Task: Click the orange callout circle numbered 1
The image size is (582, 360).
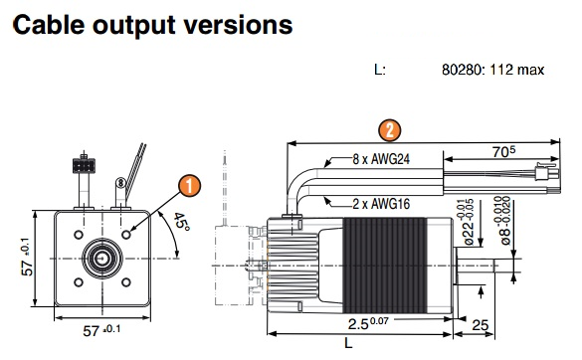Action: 190,186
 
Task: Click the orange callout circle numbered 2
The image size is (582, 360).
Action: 389,130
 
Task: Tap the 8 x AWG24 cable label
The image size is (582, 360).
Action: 381,159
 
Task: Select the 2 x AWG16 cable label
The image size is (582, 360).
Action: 381,204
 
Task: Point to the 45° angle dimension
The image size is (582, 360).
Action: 181,222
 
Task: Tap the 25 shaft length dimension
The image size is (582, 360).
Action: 480,325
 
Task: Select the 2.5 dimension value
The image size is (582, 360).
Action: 368,322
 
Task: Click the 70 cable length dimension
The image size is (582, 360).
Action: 503,151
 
